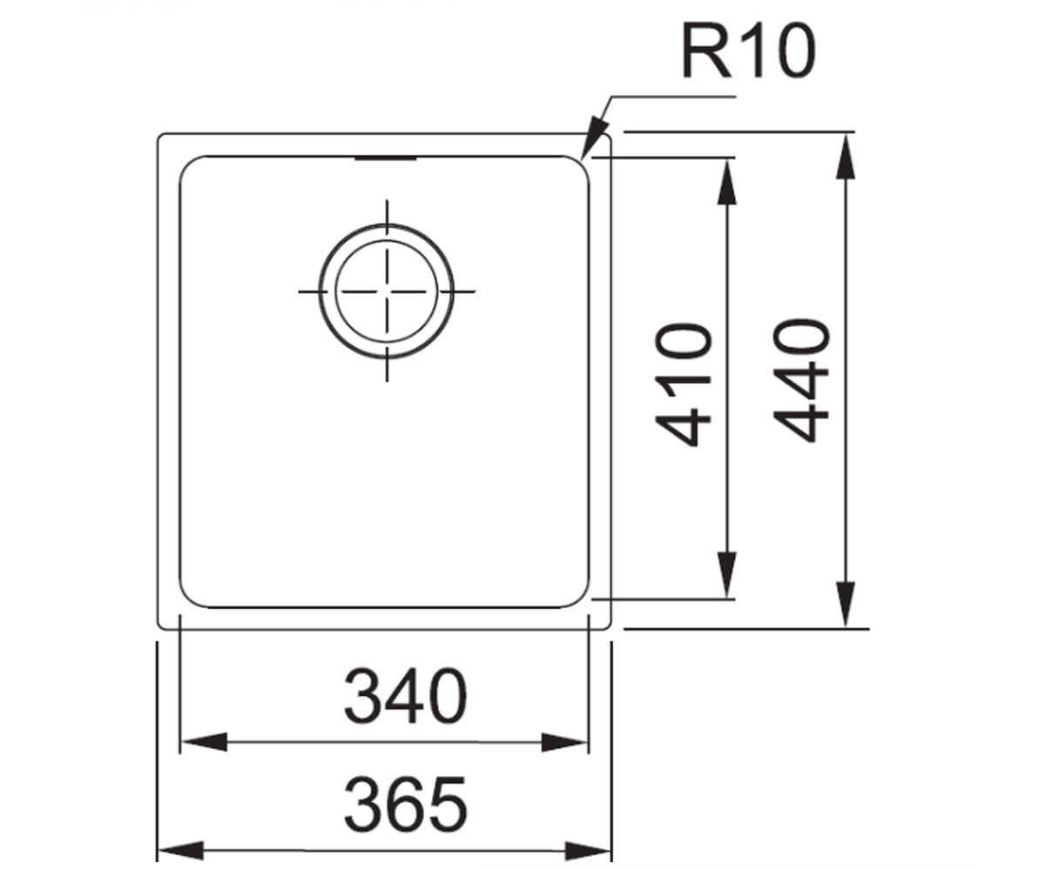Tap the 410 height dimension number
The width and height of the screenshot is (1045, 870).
(683, 384)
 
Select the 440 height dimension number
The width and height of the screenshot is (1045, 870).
(801, 381)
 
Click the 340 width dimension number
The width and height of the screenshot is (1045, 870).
(406, 696)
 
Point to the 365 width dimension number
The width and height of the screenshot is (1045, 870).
(406, 803)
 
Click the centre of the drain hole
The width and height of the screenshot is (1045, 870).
(387, 291)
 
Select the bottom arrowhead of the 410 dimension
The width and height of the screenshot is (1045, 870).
(726, 574)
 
